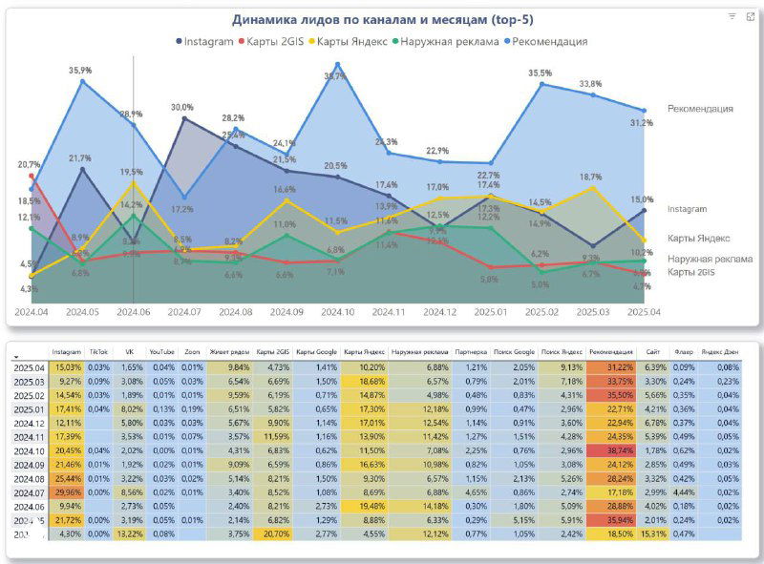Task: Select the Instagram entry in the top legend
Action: [204, 41]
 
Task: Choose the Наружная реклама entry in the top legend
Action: [449, 41]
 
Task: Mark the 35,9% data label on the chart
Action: [80, 71]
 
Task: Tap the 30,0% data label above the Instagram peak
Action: [182, 108]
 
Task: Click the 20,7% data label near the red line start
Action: [29, 165]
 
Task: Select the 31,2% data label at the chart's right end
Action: [641, 123]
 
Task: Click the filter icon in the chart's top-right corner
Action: [732, 16]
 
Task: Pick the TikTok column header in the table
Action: [98, 351]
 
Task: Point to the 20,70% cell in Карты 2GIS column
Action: [272, 534]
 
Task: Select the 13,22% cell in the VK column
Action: [131, 534]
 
